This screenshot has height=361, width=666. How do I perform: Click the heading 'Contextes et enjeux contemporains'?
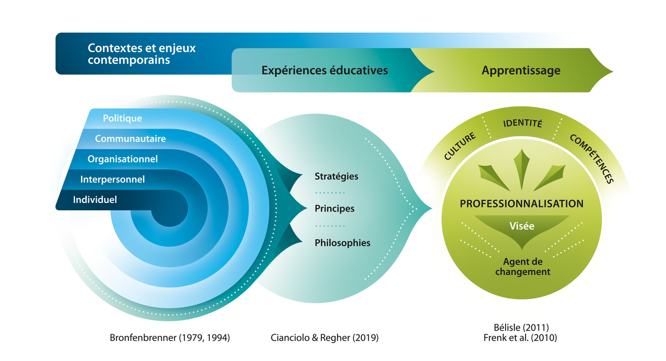coord(142,54)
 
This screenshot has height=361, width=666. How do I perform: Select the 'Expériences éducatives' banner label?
coord(325,70)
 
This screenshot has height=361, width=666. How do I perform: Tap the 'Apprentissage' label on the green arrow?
coord(521,71)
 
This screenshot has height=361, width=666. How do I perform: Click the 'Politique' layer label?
coord(122,118)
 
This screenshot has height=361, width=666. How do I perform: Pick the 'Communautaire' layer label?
coord(130,139)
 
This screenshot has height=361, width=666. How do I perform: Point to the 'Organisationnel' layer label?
coord(123,159)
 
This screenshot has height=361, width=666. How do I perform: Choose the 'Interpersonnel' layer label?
coord(112,179)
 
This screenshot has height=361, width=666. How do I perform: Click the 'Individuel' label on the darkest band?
coord(95,200)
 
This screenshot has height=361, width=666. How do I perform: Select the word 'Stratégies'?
coord(336,176)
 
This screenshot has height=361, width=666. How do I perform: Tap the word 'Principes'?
coord(335,209)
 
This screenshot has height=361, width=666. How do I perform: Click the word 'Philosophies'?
coord(342,243)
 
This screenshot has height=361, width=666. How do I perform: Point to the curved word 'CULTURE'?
coord(460,146)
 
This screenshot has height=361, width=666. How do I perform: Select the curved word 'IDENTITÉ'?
coord(522,123)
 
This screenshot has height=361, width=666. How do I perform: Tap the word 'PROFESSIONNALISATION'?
coord(522,204)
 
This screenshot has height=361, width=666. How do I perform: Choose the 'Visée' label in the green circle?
coord(522,226)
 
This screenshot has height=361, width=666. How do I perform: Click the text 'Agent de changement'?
coord(523,267)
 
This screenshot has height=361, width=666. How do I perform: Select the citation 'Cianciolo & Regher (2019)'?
coord(324,338)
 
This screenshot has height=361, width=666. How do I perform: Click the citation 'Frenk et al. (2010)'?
coord(520,338)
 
